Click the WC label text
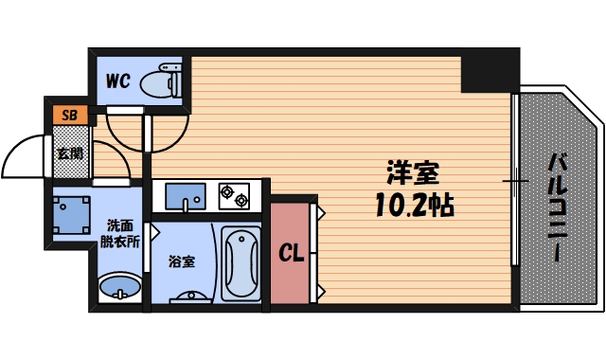pyautogui.click(x=117, y=81)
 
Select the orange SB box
pyautogui.click(x=69, y=116)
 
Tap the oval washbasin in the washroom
pyautogui.click(x=120, y=286)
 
